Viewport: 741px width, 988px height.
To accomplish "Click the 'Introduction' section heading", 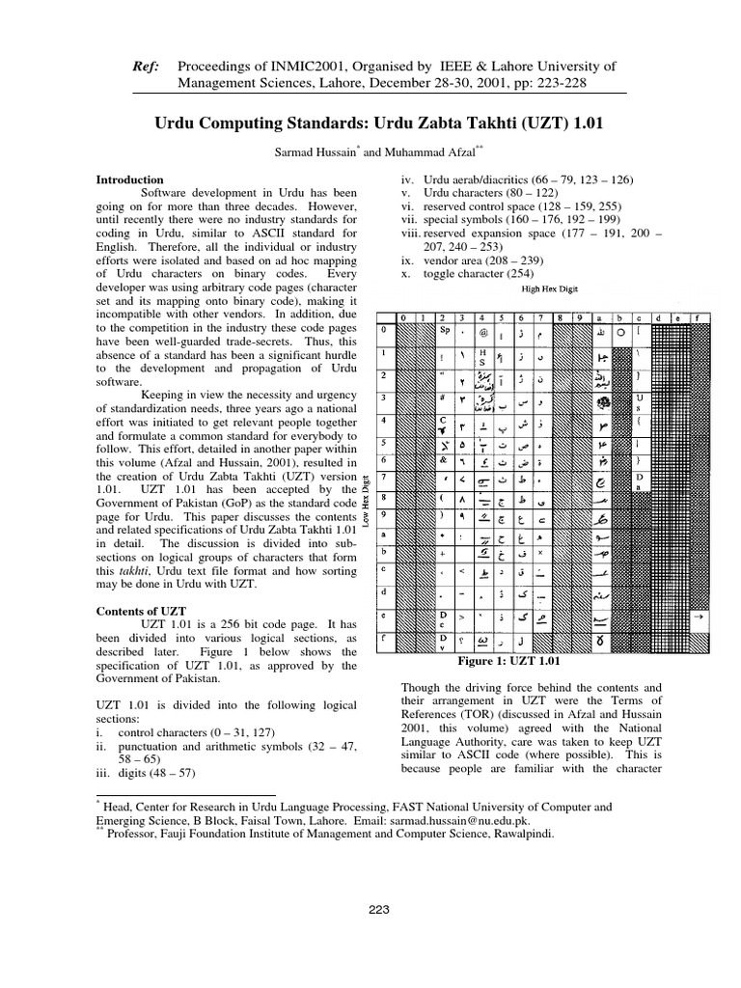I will click(x=135, y=180).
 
